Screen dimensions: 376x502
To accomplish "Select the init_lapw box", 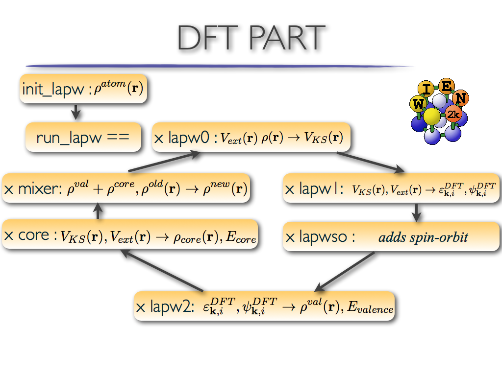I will point(83,89).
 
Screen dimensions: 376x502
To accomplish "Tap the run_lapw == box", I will point(83,137).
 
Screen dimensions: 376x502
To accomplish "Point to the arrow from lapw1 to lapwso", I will point(416,211).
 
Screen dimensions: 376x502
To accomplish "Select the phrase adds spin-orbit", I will point(423,237).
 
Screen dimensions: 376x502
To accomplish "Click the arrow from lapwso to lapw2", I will point(345,272).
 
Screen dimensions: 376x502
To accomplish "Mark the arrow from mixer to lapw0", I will point(164,162).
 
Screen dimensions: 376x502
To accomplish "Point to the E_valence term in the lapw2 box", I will point(370,308).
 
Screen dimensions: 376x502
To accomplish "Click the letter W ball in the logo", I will point(418,104).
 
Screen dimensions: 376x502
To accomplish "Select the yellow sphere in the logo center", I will point(432,117).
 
